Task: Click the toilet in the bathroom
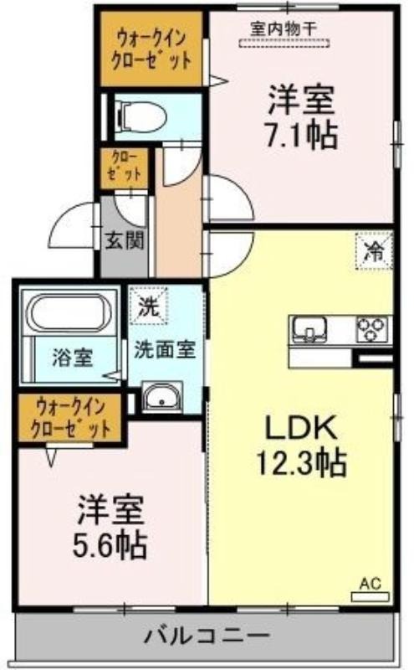point(141,116)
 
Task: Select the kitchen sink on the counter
point(309,329)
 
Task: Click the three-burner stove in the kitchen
point(372,329)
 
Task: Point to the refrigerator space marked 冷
point(374,250)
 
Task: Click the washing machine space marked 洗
point(149,306)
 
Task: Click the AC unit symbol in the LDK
point(370,596)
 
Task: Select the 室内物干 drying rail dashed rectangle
point(284,44)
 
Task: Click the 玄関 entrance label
point(124,241)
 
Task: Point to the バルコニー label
point(207,636)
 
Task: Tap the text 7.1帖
point(302,136)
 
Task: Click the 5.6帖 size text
point(110,546)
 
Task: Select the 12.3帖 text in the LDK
point(301,463)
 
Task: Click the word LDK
point(302,428)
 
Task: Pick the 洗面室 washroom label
point(165,350)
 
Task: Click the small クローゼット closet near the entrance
point(125,168)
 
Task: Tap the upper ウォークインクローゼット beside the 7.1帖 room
point(151,49)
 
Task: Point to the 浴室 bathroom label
point(72,358)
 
